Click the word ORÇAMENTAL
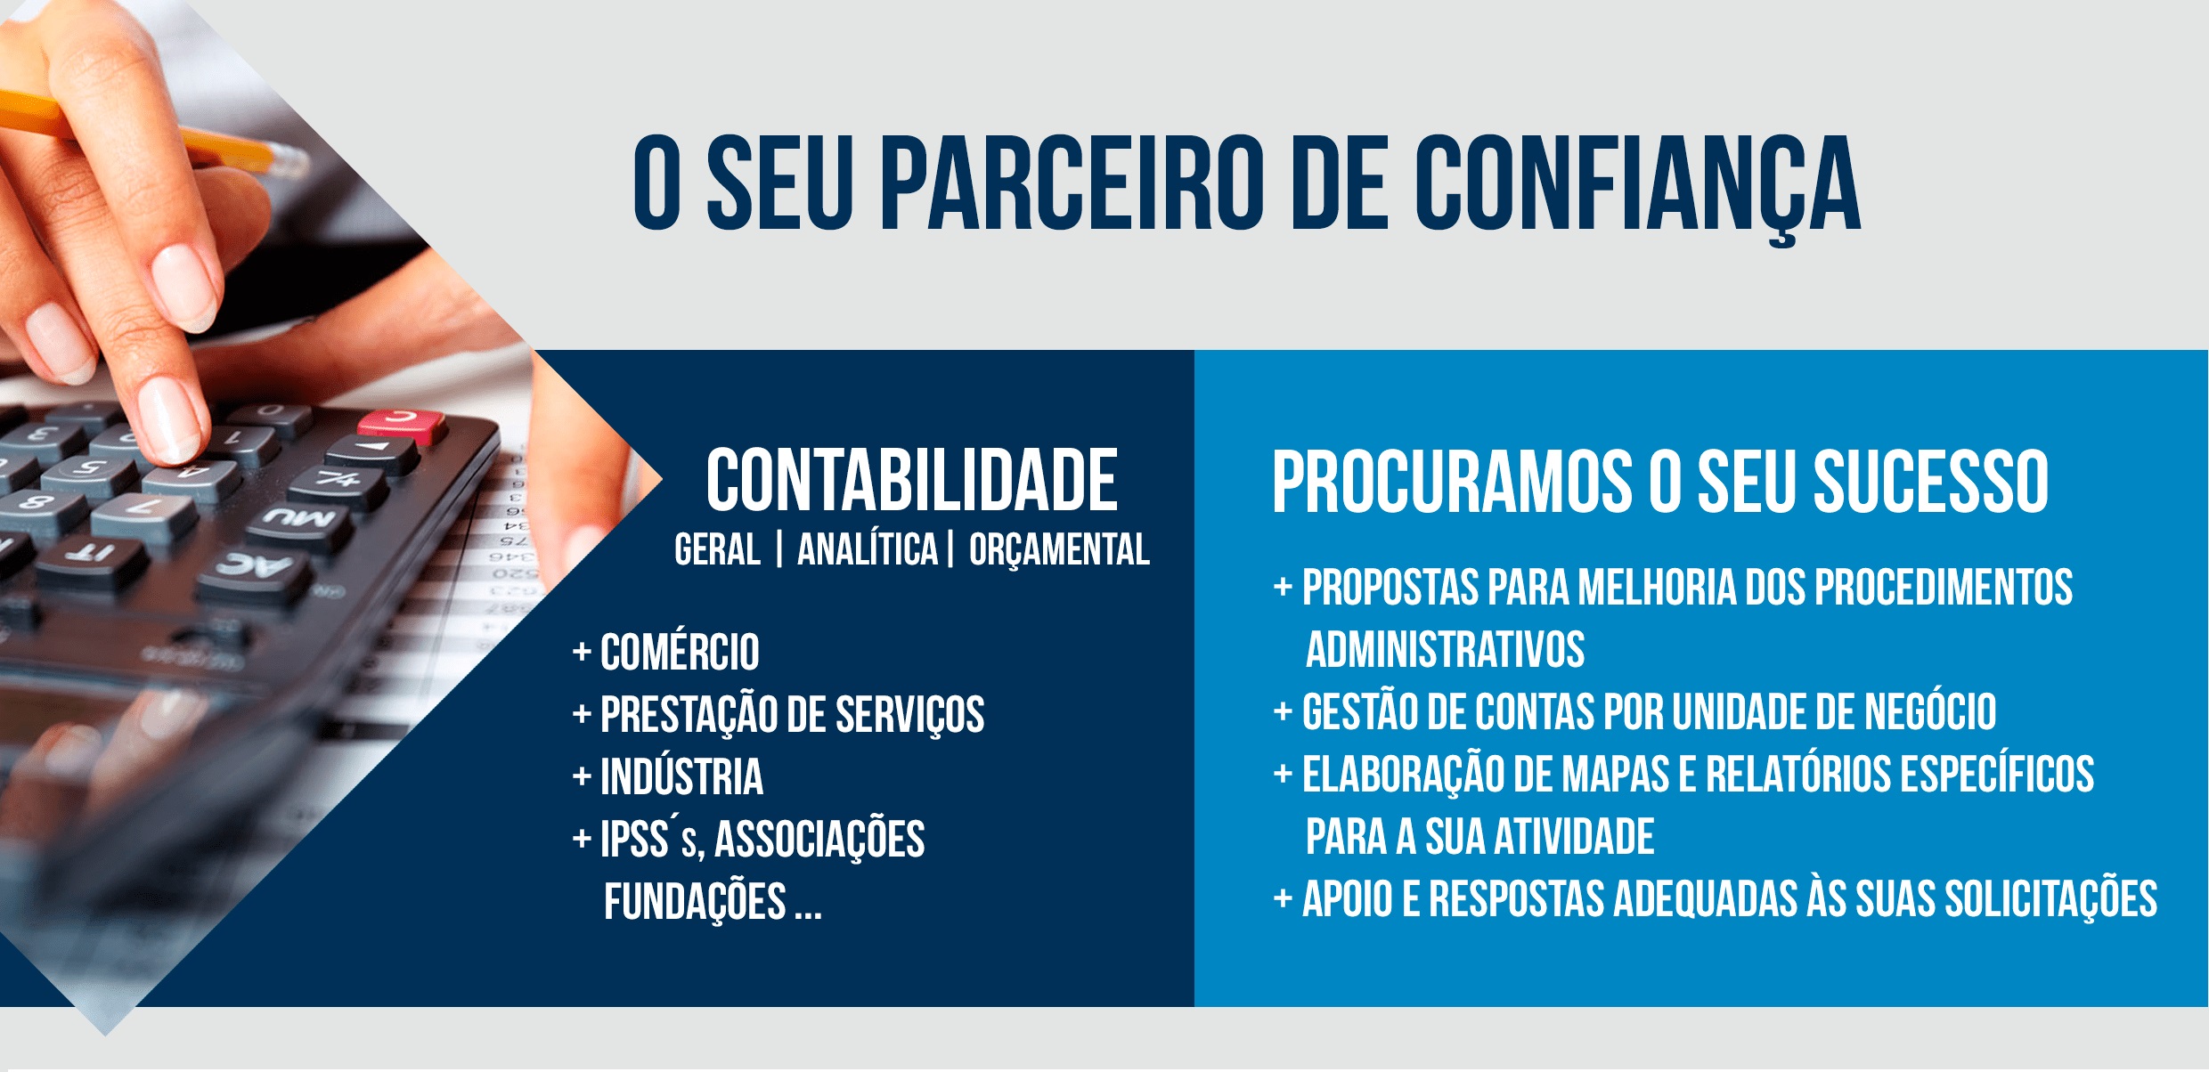click(x=1059, y=549)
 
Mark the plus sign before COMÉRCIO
click(x=582, y=652)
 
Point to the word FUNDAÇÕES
click(x=695, y=901)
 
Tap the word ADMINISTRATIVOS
click(x=1445, y=649)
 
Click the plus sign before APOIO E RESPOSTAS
click(x=1283, y=897)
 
